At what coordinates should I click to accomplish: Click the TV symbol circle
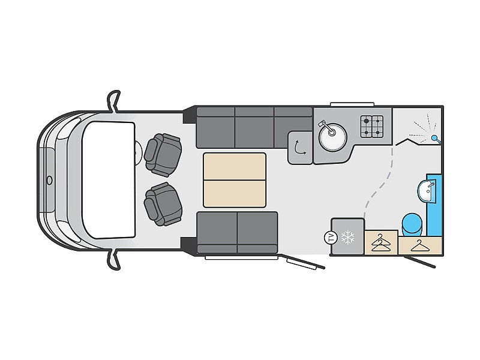coord(331,237)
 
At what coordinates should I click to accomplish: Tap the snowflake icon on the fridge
coord(348,237)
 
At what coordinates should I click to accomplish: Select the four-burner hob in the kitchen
coord(371,127)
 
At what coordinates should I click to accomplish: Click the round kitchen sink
coord(332,137)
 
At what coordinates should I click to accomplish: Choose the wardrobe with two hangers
coord(381,242)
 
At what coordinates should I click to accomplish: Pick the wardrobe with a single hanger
coord(420,245)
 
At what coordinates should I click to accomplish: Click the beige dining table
coord(235,180)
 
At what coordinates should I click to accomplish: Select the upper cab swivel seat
coord(163,155)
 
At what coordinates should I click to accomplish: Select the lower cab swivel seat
coord(163,204)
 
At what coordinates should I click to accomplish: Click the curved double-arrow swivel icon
coord(299,148)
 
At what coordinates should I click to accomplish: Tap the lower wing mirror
coord(113,259)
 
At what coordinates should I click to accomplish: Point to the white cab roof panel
coord(109,180)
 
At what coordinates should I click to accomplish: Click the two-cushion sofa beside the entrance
coord(237,233)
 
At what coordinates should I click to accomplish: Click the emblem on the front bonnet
coord(50,180)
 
